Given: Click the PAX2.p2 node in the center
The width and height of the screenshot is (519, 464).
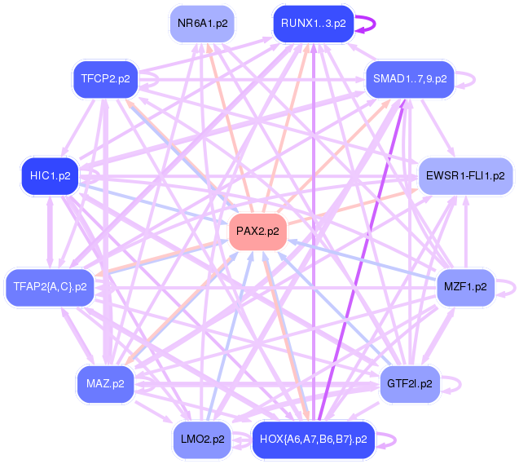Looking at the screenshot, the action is [x=257, y=232].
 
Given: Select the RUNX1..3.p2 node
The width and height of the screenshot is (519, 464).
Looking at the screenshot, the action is [x=314, y=24].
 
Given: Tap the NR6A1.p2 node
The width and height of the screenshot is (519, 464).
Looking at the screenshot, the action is [x=202, y=24].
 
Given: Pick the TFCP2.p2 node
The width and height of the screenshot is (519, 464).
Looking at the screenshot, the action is [x=105, y=79].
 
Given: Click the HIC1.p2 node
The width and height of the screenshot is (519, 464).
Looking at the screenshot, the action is [x=50, y=176].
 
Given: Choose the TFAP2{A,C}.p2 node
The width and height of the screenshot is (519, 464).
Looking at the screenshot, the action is [x=50, y=287].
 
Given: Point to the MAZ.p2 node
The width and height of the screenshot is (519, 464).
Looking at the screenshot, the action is [x=105, y=384].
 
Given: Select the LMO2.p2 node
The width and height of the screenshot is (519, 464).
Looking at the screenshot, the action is [x=202, y=440].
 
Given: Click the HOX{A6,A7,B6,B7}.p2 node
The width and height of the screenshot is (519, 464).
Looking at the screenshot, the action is [x=314, y=440].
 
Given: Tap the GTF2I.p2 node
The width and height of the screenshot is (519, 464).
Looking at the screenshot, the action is [x=410, y=384].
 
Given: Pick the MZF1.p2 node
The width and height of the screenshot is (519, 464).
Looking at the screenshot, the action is [x=465, y=287].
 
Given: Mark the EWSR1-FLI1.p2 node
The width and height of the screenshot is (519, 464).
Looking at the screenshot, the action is [x=465, y=176].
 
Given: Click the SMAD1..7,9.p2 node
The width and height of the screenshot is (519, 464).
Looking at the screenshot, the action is [x=410, y=79].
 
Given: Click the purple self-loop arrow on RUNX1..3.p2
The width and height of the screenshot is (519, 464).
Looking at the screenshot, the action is [x=375, y=24].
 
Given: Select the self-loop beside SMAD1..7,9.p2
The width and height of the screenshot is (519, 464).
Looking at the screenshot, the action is [x=475, y=79].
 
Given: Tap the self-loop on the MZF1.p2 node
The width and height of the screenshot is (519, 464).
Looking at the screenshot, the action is [x=515, y=287].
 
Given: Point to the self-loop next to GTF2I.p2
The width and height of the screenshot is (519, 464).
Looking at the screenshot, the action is [x=460, y=384].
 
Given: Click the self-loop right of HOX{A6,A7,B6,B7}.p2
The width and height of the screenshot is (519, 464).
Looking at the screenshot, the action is [x=395, y=440].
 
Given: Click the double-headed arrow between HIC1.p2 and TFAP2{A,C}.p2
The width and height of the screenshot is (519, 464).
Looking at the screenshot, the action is [x=50, y=232].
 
